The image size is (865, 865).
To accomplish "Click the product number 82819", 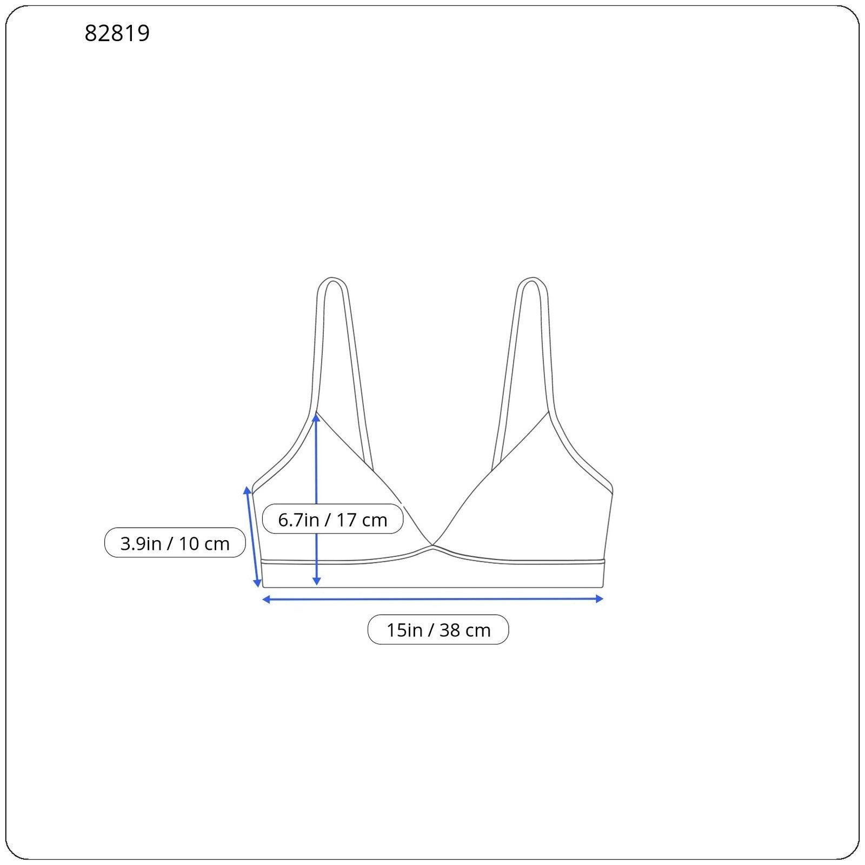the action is [x=117, y=33].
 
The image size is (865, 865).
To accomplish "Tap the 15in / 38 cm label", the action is [x=438, y=630].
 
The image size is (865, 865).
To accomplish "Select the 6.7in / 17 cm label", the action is [x=332, y=520].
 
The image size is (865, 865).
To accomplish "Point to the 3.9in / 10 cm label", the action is [x=175, y=543].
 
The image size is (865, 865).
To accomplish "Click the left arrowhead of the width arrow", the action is [x=266, y=599].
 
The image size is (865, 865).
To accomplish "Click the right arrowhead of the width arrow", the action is [x=599, y=598].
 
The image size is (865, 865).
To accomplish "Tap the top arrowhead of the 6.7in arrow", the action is [x=316, y=417].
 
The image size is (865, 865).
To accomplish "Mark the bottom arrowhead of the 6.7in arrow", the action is [x=317, y=581].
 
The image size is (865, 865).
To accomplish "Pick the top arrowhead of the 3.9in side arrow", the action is [x=248, y=490].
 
